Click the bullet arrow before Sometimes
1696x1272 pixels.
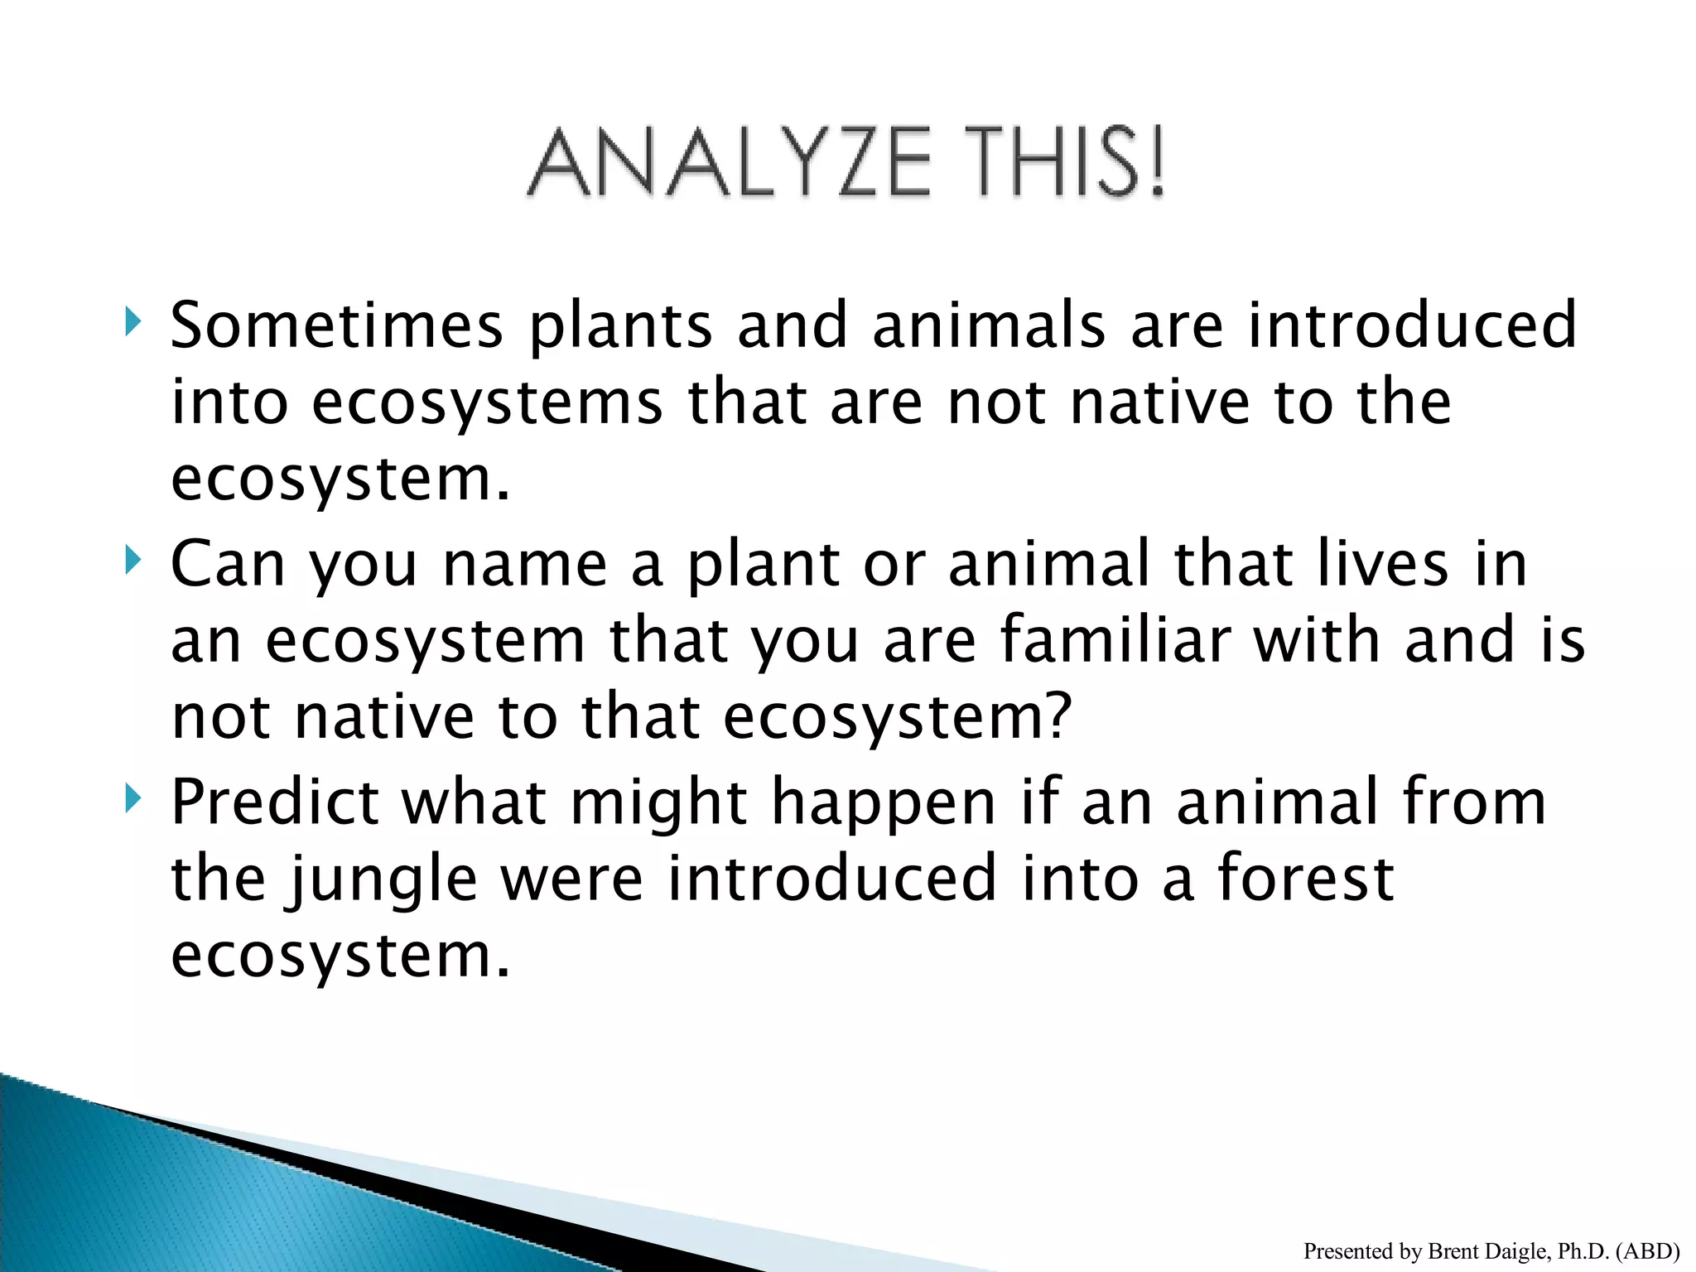coord(132,321)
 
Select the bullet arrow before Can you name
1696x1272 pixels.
coord(132,560)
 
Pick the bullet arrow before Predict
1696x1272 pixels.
coord(132,798)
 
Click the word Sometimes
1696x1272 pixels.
coord(336,325)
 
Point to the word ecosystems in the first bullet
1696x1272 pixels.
coord(487,402)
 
